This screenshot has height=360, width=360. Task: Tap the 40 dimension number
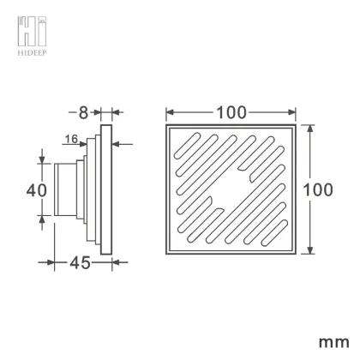tap(33, 189)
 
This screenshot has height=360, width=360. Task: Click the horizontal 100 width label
tap(231, 112)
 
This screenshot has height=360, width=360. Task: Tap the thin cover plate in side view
tap(105, 189)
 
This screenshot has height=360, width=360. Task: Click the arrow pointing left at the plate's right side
tap(116, 144)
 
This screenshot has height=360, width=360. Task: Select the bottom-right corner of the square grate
tap(297, 254)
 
